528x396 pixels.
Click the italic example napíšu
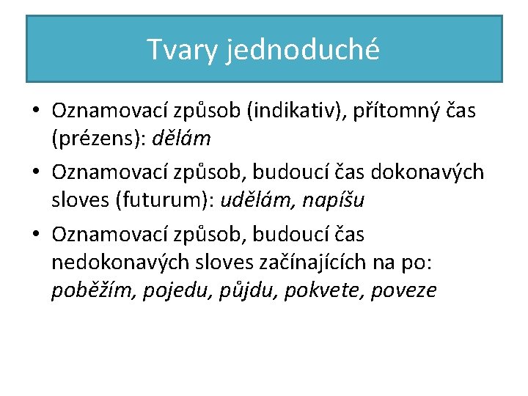click(340, 199)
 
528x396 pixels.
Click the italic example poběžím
click(91, 291)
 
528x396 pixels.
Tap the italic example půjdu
click(245, 291)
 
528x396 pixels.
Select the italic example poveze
click(404, 291)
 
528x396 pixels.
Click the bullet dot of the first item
click(35, 111)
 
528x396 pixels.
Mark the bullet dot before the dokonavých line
click(35, 173)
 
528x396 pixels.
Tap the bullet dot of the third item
click(35, 235)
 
